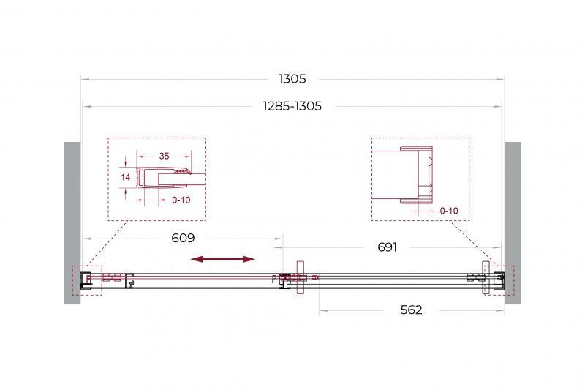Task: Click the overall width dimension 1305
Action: click(292, 78)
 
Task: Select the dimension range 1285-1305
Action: click(292, 106)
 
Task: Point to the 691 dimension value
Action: click(387, 247)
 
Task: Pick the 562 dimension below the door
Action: click(412, 310)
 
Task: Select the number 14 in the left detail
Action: click(125, 177)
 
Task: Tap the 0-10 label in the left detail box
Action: click(181, 200)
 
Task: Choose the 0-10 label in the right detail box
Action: click(449, 211)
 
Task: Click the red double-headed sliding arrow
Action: click(223, 258)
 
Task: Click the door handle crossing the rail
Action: click(299, 278)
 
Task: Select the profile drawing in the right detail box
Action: click(413, 173)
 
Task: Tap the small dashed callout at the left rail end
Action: click(86, 280)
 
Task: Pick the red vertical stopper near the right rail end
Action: click(484, 277)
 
